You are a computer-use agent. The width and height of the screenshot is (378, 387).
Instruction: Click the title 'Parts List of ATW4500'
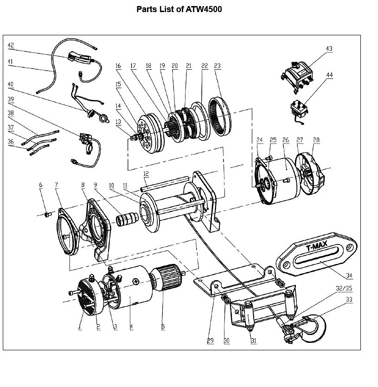click(179, 9)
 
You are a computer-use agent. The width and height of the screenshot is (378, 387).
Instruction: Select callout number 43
click(329, 48)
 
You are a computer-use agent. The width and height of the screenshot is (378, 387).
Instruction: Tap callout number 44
click(329, 75)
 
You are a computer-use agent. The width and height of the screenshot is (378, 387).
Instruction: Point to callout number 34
click(349, 275)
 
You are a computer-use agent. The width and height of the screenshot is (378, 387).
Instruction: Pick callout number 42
click(11, 46)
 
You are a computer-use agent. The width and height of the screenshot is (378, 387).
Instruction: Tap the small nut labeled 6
click(46, 215)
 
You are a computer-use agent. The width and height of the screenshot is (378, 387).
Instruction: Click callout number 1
click(80, 327)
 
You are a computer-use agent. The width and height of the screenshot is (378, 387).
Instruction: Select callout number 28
click(316, 140)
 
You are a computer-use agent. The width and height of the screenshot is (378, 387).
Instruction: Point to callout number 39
click(11, 99)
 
